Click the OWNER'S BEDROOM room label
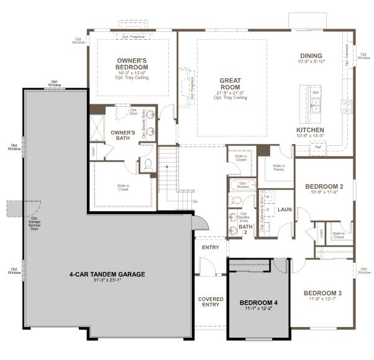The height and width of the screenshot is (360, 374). (132, 64)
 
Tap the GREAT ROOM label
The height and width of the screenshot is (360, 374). (230, 84)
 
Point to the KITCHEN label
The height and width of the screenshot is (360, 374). (311, 130)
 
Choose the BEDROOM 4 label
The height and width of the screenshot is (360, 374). (258, 302)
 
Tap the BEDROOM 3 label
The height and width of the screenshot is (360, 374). (322, 292)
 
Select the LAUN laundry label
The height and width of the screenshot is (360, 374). (285, 210)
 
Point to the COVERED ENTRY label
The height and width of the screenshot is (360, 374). (211, 302)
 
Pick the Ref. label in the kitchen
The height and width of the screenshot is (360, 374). (317, 148)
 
